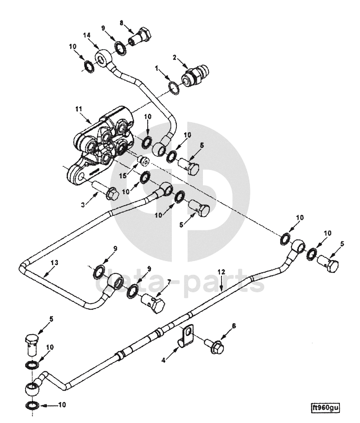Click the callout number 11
tap(79, 109)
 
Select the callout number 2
tap(175, 57)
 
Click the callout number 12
tap(221, 272)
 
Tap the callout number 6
tap(233, 326)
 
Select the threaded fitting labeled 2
tap(195, 75)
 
